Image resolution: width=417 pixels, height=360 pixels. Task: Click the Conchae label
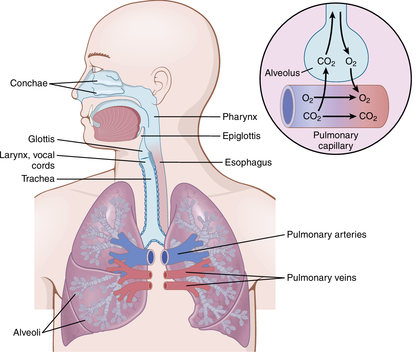[x=29, y=83]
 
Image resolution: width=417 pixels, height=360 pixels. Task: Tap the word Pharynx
[x=239, y=117]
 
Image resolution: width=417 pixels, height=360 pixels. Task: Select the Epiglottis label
[x=241, y=136]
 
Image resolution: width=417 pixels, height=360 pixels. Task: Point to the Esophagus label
[x=248, y=162]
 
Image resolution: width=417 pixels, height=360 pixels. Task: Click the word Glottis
[x=41, y=139]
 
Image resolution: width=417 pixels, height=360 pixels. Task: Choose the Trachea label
[x=38, y=179]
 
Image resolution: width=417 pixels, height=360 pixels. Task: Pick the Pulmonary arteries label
[x=326, y=234]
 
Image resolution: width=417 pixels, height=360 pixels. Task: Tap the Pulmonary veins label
[x=321, y=278]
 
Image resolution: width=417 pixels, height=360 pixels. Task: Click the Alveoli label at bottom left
[x=27, y=332]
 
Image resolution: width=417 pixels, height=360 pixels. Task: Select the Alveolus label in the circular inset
[x=282, y=73]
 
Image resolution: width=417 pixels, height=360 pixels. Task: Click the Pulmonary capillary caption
[x=336, y=140]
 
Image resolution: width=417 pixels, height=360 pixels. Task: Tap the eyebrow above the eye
[x=99, y=55]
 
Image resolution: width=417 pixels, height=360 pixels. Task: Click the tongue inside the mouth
[x=117, y=123]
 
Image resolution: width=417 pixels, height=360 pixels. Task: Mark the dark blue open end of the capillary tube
[x=288, y=106]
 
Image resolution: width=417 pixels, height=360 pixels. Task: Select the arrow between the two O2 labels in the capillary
[x=335, y=98]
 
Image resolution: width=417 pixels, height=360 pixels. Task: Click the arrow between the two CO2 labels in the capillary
[x=339, y=116]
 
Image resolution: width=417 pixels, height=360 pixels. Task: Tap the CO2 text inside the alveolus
[x=326, y=62]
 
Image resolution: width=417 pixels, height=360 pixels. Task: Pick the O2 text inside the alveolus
[x=351, y=62]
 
